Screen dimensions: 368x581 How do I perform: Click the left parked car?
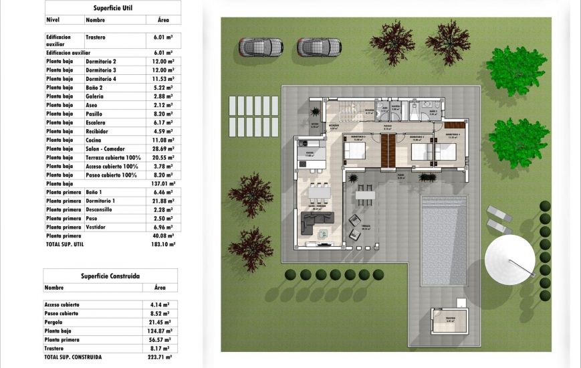(261, 47)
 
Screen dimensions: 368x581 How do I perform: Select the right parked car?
(319, 47)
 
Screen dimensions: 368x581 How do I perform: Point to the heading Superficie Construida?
(110, 275)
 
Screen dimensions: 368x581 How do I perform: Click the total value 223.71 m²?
(158, 357)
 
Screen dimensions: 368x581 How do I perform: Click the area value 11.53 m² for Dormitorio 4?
(158, 79)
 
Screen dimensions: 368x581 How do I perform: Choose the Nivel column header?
(53, 21)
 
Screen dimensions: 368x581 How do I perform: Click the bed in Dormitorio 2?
(356, 152)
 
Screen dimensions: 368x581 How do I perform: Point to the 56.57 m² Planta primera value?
(158, 339)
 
